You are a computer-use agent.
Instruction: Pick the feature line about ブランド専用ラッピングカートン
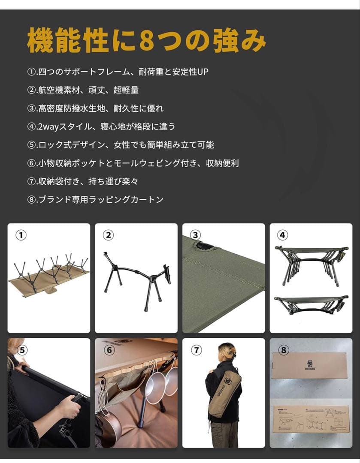click(101, 200)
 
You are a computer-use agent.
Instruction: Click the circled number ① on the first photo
click(21, 235)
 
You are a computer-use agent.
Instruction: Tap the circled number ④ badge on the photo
click(283, 235)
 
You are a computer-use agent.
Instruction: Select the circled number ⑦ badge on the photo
click(196, 350)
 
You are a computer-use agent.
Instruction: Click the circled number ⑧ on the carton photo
click(283, 350)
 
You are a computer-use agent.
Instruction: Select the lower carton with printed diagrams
click(311, 422)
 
